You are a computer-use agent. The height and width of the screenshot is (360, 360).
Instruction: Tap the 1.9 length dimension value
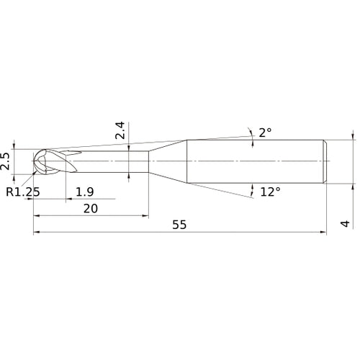tap(84, 192)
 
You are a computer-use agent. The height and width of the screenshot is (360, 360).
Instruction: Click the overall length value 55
tap(179, 225)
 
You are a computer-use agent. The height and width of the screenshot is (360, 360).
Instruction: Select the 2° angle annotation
tap(265, 132)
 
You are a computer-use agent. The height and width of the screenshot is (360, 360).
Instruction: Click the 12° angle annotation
tap(269, 192)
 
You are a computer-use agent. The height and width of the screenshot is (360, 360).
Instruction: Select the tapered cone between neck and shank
tap(168, 160)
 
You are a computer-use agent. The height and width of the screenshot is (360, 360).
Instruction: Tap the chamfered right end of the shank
tap(324, 160)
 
